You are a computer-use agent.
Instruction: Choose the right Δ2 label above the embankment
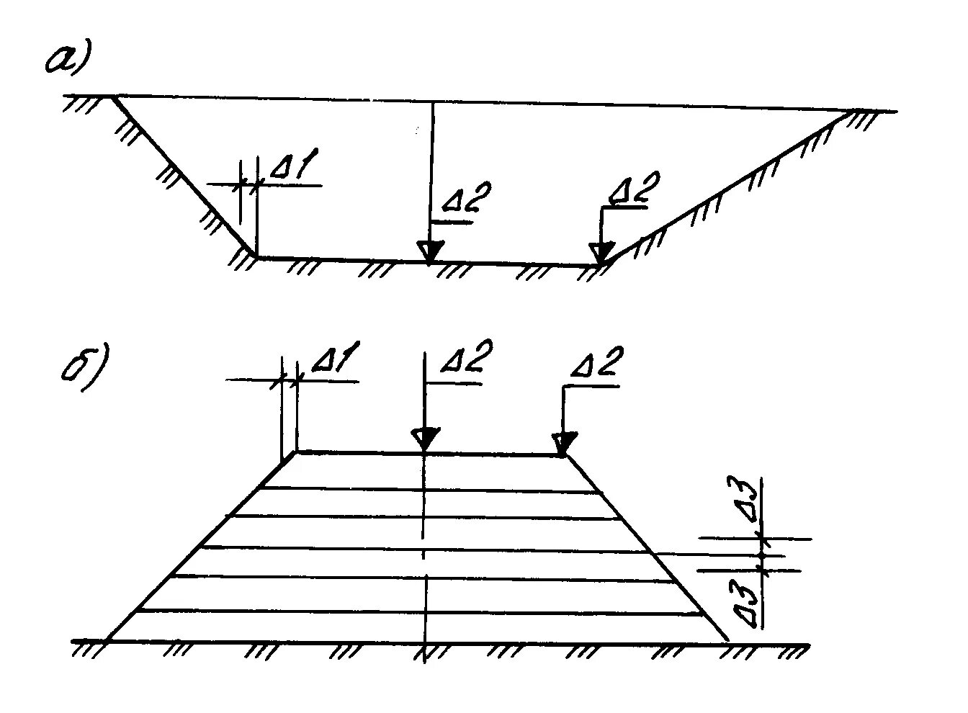(x=595, y=363)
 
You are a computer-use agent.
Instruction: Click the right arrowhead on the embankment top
(x=565, y=442)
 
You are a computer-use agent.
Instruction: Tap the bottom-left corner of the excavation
(x=256, y=256)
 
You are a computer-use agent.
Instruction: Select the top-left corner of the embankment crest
(x=296, y=452)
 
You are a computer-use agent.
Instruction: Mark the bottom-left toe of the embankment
(x=107, y=640)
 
